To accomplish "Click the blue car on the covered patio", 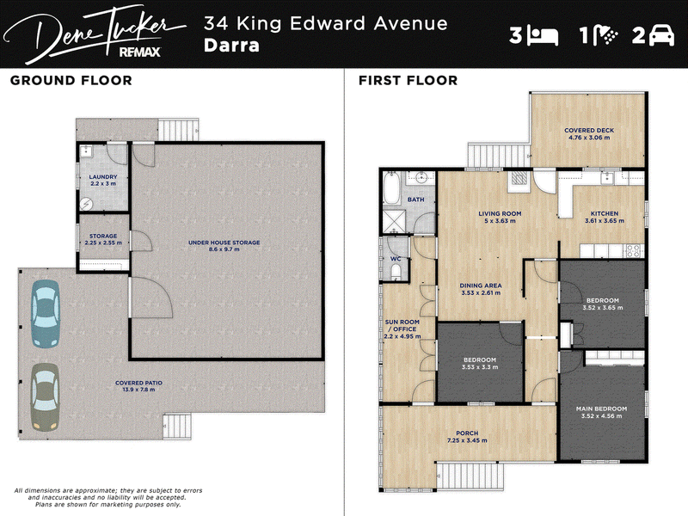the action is click(x=46, y=314).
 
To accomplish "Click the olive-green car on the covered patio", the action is click(x=45, y=397).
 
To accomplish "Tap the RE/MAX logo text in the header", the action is click(x=140, y=52).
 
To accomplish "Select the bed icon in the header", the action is click(x=543, y=36).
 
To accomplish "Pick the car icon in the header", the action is click(x=661, y=34).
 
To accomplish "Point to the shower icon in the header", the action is click(x=606, y=34).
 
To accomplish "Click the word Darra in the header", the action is click(x=231, y=46).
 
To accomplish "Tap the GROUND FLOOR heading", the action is click(x=71, y=80).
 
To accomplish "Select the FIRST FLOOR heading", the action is click(x=408, y=80).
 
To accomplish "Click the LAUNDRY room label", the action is click(x=103, y=177).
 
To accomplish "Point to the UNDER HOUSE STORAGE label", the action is click(x=224, y=243).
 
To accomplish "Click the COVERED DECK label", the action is click(x=589, y=131).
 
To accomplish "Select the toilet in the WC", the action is click(x=396, y=273).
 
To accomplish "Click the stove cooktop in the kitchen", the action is click(x=632, y=251).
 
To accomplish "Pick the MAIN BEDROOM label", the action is click(x=601, y=408).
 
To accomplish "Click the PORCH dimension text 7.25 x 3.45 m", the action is click(x=467, y=440).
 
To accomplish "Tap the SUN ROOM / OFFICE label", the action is click(x=402, y=325).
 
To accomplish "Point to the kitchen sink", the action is click(x=608, y=177).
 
